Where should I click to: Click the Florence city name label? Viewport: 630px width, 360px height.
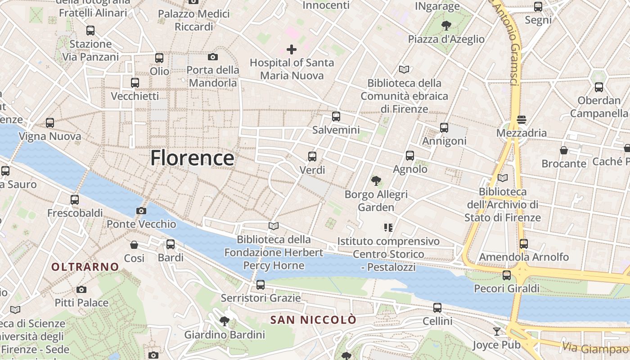click(x=192, y=158)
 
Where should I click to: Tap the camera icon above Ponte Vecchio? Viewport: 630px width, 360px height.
click(x=141, y=211)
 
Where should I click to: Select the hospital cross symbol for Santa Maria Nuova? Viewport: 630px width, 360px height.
click(x=292, y=49)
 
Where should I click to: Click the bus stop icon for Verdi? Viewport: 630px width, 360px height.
click(x=312, y=157)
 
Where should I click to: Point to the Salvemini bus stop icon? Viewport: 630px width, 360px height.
click(x=336, y=117)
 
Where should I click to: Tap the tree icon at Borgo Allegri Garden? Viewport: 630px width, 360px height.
click(x=376, y=181)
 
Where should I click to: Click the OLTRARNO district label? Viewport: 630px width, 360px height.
click(x=85, y=267)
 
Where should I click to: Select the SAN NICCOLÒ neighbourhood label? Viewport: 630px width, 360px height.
click(x=313, y=320)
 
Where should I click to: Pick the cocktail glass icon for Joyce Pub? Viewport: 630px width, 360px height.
click(x=497, y=332)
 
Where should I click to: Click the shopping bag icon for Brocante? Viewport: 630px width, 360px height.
click(x=563, y=150)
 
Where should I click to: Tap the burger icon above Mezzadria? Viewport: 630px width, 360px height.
click(x=522, y=120)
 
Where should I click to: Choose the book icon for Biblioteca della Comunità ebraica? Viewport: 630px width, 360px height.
click(x=404, y=70)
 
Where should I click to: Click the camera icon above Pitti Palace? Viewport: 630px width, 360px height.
click(x=81, y=289)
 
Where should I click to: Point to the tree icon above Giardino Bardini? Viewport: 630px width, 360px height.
click(x=224, y=321)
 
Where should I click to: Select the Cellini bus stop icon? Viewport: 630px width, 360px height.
click(x=437, y=308)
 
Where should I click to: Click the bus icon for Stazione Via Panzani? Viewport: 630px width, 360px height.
click(x=90, y=31)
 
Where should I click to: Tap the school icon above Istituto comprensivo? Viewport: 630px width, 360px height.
click(x=388, y=228)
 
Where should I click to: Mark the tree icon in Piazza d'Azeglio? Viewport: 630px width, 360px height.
click(x=446, y=25)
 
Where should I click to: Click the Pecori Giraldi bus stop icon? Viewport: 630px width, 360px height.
click(x=507, y=275)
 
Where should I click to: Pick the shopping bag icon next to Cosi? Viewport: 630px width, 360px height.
click(x=134, y=245)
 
